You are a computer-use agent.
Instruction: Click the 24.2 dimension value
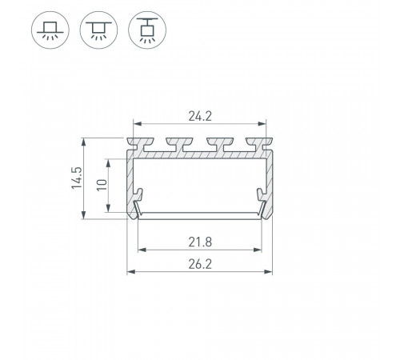point(200,116)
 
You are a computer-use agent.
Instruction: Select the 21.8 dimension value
point(200,242)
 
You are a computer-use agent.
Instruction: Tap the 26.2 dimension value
point(200,264)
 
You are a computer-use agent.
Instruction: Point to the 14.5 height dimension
point(77,178)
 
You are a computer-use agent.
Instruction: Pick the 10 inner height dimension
point(102,185)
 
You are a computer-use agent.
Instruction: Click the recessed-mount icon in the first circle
point(50,30)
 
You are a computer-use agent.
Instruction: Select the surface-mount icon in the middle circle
point(98,30)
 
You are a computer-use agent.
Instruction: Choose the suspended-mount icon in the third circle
point(147,30)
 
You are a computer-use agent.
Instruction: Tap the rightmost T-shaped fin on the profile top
point(259,144)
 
